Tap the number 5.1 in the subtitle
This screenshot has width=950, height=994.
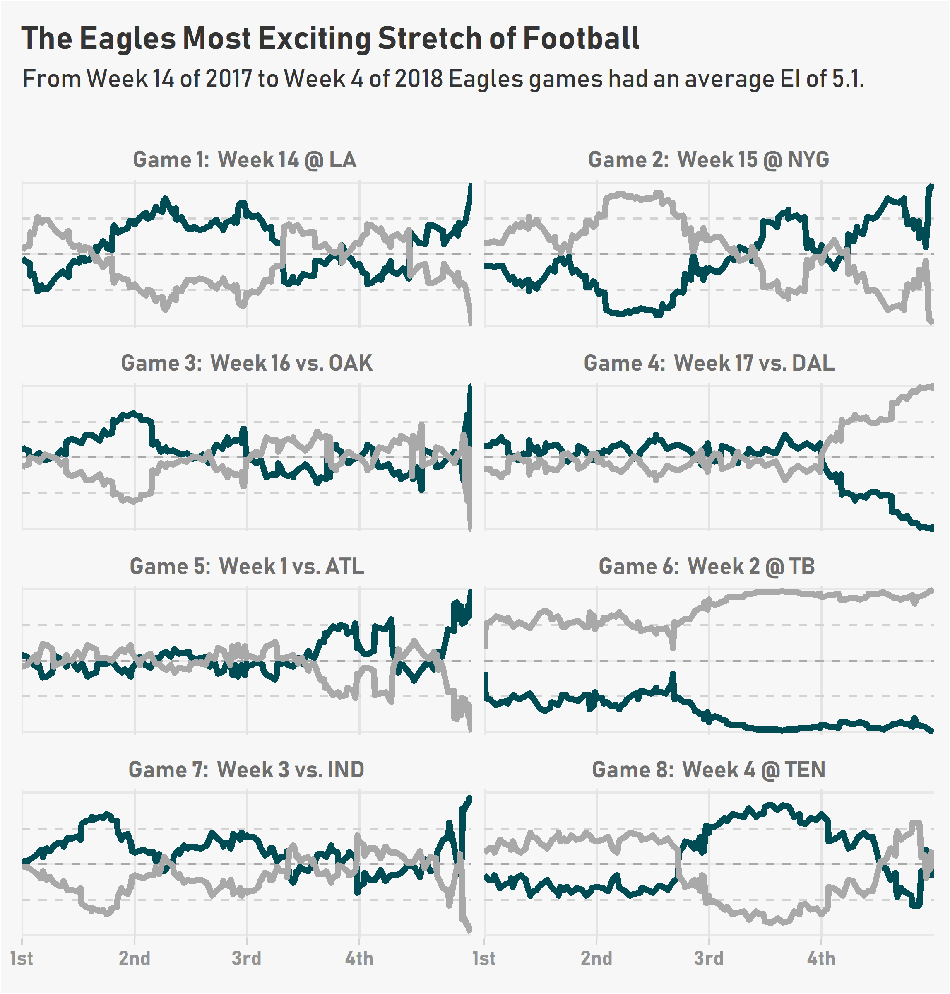[x=845, y=79]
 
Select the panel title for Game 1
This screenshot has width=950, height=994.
[x=245, y=160]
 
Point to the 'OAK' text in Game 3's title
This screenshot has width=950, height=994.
[x=351, y=363]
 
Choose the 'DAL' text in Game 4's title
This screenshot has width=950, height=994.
[x=813, y=363]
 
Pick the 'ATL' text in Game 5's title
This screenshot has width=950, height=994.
[x=344, y=567]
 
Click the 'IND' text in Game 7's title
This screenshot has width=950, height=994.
[x=346, y=770]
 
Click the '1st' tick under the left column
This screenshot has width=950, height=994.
[x=22, y=958]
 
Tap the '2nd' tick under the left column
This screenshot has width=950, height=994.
[x=135, y=958]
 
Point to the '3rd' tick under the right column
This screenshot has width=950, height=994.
[x=709, y=958]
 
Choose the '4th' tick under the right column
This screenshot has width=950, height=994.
[x=821, y=958]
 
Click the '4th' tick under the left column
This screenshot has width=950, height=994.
[x=359, y=958]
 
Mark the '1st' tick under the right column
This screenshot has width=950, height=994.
[x=484, y=958]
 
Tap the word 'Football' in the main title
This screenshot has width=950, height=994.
[x=581, y=39]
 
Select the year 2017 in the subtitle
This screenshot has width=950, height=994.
[x=228, y=79]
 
